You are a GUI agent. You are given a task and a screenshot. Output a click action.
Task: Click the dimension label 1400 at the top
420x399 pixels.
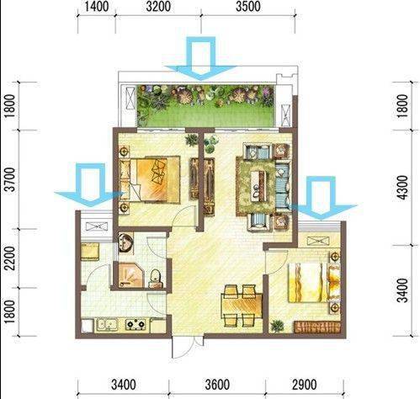[x=96, y=7]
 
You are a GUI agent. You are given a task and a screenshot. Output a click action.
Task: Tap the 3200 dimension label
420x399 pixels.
[x=158, y=7]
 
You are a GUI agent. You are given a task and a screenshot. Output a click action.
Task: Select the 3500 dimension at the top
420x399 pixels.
[x=247, y=7]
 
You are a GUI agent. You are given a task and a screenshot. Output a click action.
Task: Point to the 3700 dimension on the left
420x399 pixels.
[x=10, y=179]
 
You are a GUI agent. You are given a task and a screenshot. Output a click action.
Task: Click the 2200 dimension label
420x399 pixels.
[x=10, y=258]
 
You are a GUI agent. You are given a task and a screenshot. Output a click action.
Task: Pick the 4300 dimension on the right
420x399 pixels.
[x=403, y=188]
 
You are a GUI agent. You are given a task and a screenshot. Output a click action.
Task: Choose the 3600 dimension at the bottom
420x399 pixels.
[x=217, y=385]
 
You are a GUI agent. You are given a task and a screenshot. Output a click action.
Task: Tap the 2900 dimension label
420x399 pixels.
[x=305, y=385]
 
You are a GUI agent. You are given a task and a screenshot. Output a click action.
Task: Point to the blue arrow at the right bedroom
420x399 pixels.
[x=322, y=199]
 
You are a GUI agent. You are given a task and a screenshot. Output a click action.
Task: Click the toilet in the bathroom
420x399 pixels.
[x=156, y=279]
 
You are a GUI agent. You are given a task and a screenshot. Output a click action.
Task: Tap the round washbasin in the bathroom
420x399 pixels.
[x=125, y=242]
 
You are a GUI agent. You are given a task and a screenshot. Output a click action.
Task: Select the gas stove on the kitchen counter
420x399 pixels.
[x=136, y=324]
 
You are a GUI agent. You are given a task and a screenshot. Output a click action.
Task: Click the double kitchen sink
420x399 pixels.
[x=107, y=324]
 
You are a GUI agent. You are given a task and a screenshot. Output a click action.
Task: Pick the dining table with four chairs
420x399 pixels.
[x=242, y=306]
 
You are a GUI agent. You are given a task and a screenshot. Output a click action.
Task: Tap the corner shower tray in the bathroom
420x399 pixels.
[x=131, y=275]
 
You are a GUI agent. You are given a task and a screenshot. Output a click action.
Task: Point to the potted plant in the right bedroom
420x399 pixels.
[x=277, y=326]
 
